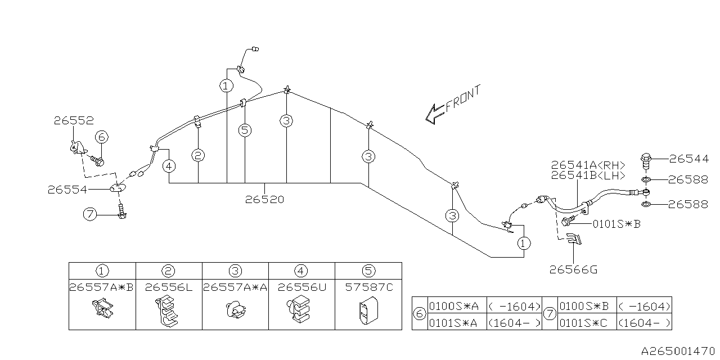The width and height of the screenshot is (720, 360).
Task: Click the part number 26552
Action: click(74, 120)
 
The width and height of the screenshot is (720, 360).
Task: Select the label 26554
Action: click(67, 190)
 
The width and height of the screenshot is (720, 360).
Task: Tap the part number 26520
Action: click(264, 199)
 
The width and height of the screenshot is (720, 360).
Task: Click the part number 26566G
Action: click(573, 269)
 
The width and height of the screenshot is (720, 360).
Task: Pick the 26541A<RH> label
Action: click(588, 165)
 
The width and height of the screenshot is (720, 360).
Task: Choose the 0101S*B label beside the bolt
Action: click(616, 223)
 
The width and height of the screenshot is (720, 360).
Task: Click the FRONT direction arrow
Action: click(435, 112)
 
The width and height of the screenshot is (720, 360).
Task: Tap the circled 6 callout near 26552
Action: click(101, 137)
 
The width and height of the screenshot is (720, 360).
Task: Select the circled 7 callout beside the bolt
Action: click(89, 214)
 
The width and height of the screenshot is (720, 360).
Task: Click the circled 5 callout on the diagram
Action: click(245, 130)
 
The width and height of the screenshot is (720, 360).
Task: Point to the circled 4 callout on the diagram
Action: click(169, 166)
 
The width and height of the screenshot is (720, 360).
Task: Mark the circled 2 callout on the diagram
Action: click(197, 155)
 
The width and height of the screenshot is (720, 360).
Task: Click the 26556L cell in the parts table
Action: click(169, 287)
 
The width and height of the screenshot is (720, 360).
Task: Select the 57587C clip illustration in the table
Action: click(368, 311)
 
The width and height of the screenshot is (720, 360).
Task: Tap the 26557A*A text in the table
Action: click(235, 287)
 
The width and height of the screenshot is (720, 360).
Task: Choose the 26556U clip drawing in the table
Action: click(301, 310)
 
